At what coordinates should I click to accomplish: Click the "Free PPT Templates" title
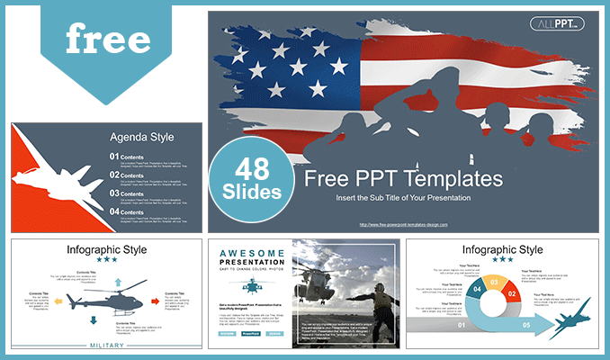click(403, 178)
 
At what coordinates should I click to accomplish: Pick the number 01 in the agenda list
click(115, 157)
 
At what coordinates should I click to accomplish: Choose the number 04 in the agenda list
click(115, 211)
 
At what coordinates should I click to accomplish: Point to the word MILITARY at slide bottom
click(106, 345)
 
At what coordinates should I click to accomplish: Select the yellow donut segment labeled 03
click(493, 282)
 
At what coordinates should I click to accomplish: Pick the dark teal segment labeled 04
click(477, 292)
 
